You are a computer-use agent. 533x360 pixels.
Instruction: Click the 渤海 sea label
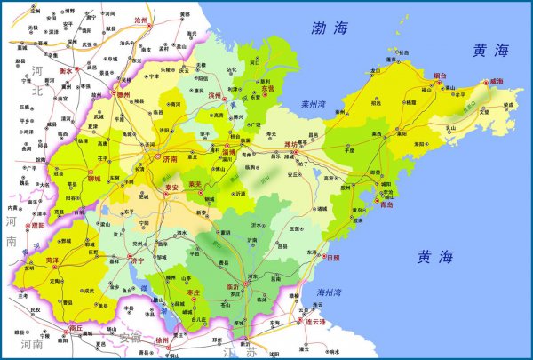click(x=330, y=28)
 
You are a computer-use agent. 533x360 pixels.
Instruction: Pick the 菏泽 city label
click(x=52, y=260)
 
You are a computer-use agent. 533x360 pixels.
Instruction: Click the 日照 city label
click(x=332, y=258)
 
